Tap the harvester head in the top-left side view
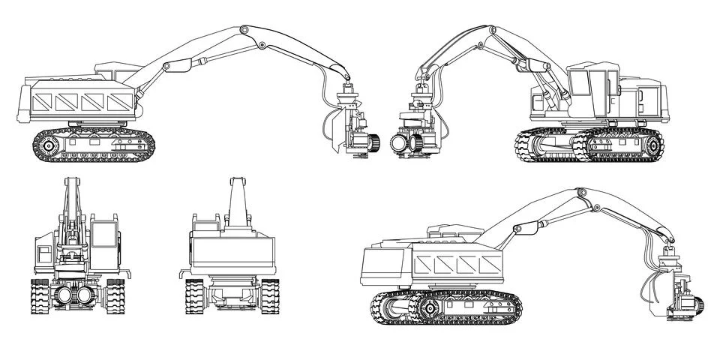click(x=353, y=127)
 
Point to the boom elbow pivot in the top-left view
click(x=244, y=31)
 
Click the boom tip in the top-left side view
click(x=347, y=78)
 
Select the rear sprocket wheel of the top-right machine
click(x=651, y=145)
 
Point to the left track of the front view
click(x=40, y=297)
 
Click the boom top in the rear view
click(x=237, y=181)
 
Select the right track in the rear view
click(x=269, y=296)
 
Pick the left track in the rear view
click(x=195, y=296)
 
